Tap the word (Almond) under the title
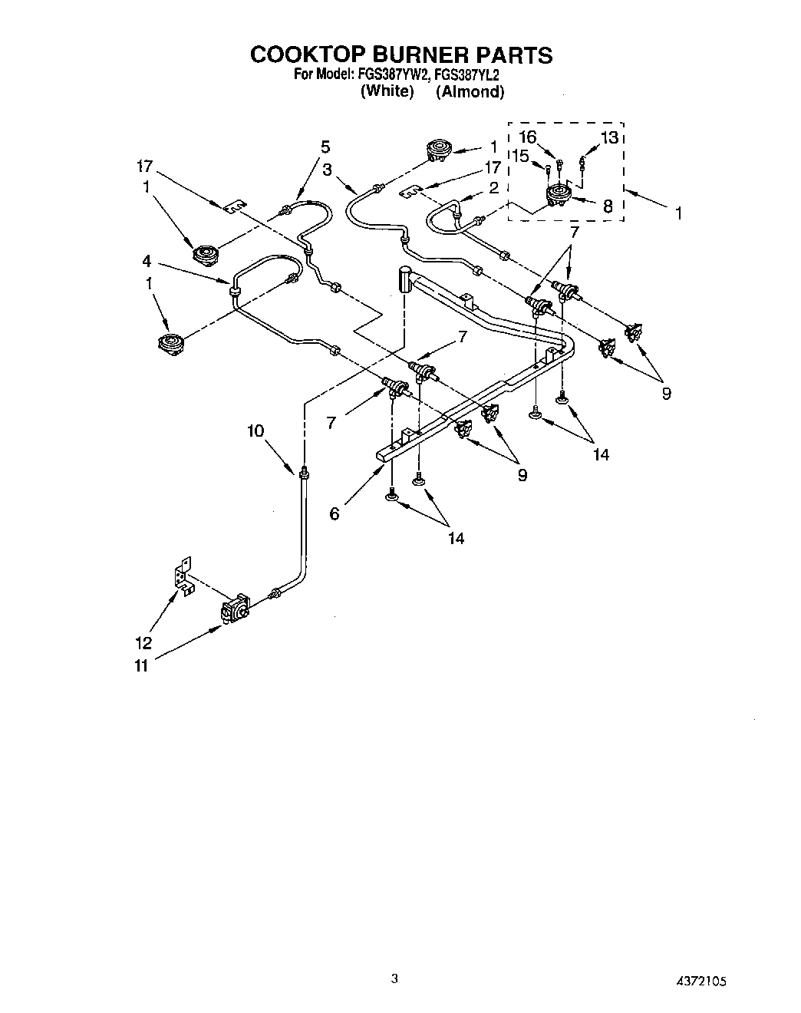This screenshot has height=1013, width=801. point(470,91)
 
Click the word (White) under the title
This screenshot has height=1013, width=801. point(387,91)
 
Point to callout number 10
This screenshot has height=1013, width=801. point(255,431)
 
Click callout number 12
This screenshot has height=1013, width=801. point(143,643)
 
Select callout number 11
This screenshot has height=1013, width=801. point(140,666)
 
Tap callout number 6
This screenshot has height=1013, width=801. point(335,513)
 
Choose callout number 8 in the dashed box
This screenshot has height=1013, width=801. point(608,205)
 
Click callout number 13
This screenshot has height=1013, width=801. point(609,138)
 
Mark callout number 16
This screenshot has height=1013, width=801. point(549,138)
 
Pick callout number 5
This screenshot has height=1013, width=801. point(325,146)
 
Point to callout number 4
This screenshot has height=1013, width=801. point(146,261)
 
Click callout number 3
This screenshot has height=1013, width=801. point(327,170)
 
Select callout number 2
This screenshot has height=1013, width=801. point(493,187)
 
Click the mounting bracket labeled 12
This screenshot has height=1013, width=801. point(183,577)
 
